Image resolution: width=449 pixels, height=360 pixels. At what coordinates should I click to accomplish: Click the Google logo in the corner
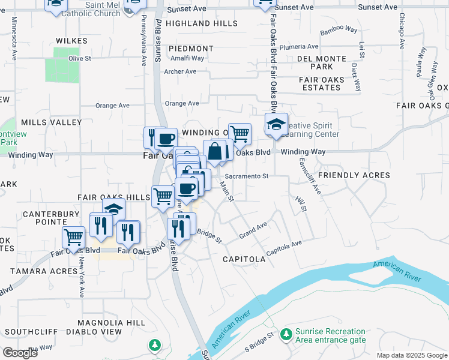[x=20, y=353]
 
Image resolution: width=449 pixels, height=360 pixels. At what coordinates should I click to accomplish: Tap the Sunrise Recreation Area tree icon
[x=286, y=333]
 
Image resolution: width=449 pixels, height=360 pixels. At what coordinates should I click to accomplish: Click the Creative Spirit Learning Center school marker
[x=276, y=125]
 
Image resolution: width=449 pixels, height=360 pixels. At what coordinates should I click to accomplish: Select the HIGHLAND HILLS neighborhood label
[x=202, y=23]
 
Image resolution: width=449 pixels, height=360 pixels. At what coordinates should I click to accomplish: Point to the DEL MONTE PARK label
[x=323, y=62]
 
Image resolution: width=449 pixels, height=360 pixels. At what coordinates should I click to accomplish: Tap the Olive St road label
[x=79, y=59]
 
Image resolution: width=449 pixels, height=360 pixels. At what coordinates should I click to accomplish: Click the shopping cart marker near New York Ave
[x=73, y=238]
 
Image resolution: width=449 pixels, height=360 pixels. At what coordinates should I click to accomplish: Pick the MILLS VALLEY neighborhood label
[x=51, y=122]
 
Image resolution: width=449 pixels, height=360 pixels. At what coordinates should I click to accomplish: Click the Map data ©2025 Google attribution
[x=412, y=355]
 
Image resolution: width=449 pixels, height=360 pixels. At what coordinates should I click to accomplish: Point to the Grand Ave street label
[x=253, y=229]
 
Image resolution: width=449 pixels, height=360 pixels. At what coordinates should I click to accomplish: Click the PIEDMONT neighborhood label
[x=191, y=49]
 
